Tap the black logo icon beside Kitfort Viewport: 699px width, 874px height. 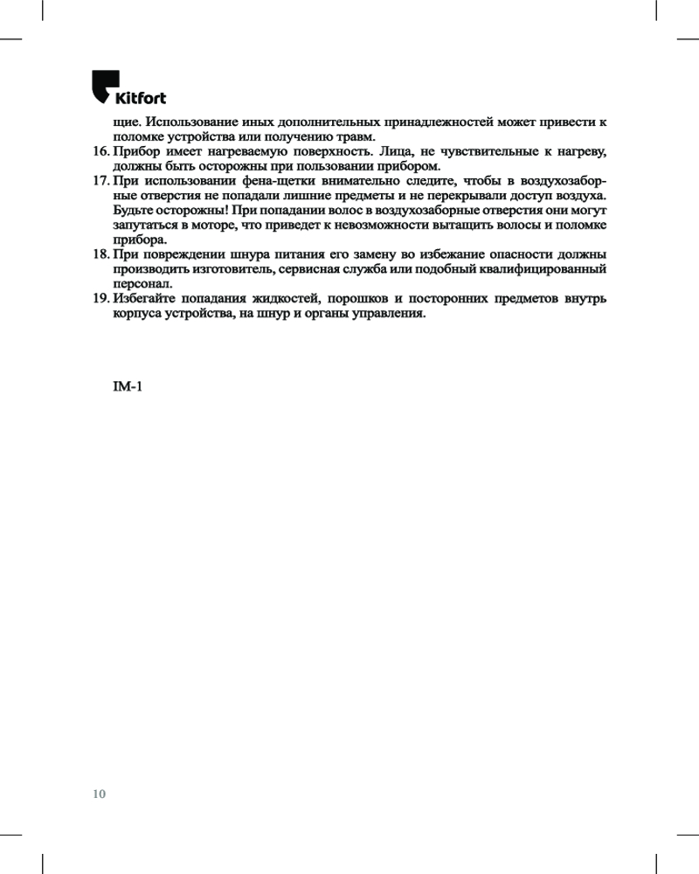coord(103,87)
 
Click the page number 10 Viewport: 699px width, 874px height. coord(99,794)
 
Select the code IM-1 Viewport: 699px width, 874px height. coord(128,386)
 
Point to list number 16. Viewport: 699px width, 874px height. coord(100,152)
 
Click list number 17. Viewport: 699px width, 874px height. coord(100,181)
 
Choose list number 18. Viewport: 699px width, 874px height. coord(100,254)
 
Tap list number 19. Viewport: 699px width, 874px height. coord(100,298)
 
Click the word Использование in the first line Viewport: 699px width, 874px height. coord(194,122)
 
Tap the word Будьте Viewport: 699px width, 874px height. coord(136,211)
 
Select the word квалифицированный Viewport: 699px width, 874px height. coord(548,269)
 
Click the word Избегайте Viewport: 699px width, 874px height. coord(145,298)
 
